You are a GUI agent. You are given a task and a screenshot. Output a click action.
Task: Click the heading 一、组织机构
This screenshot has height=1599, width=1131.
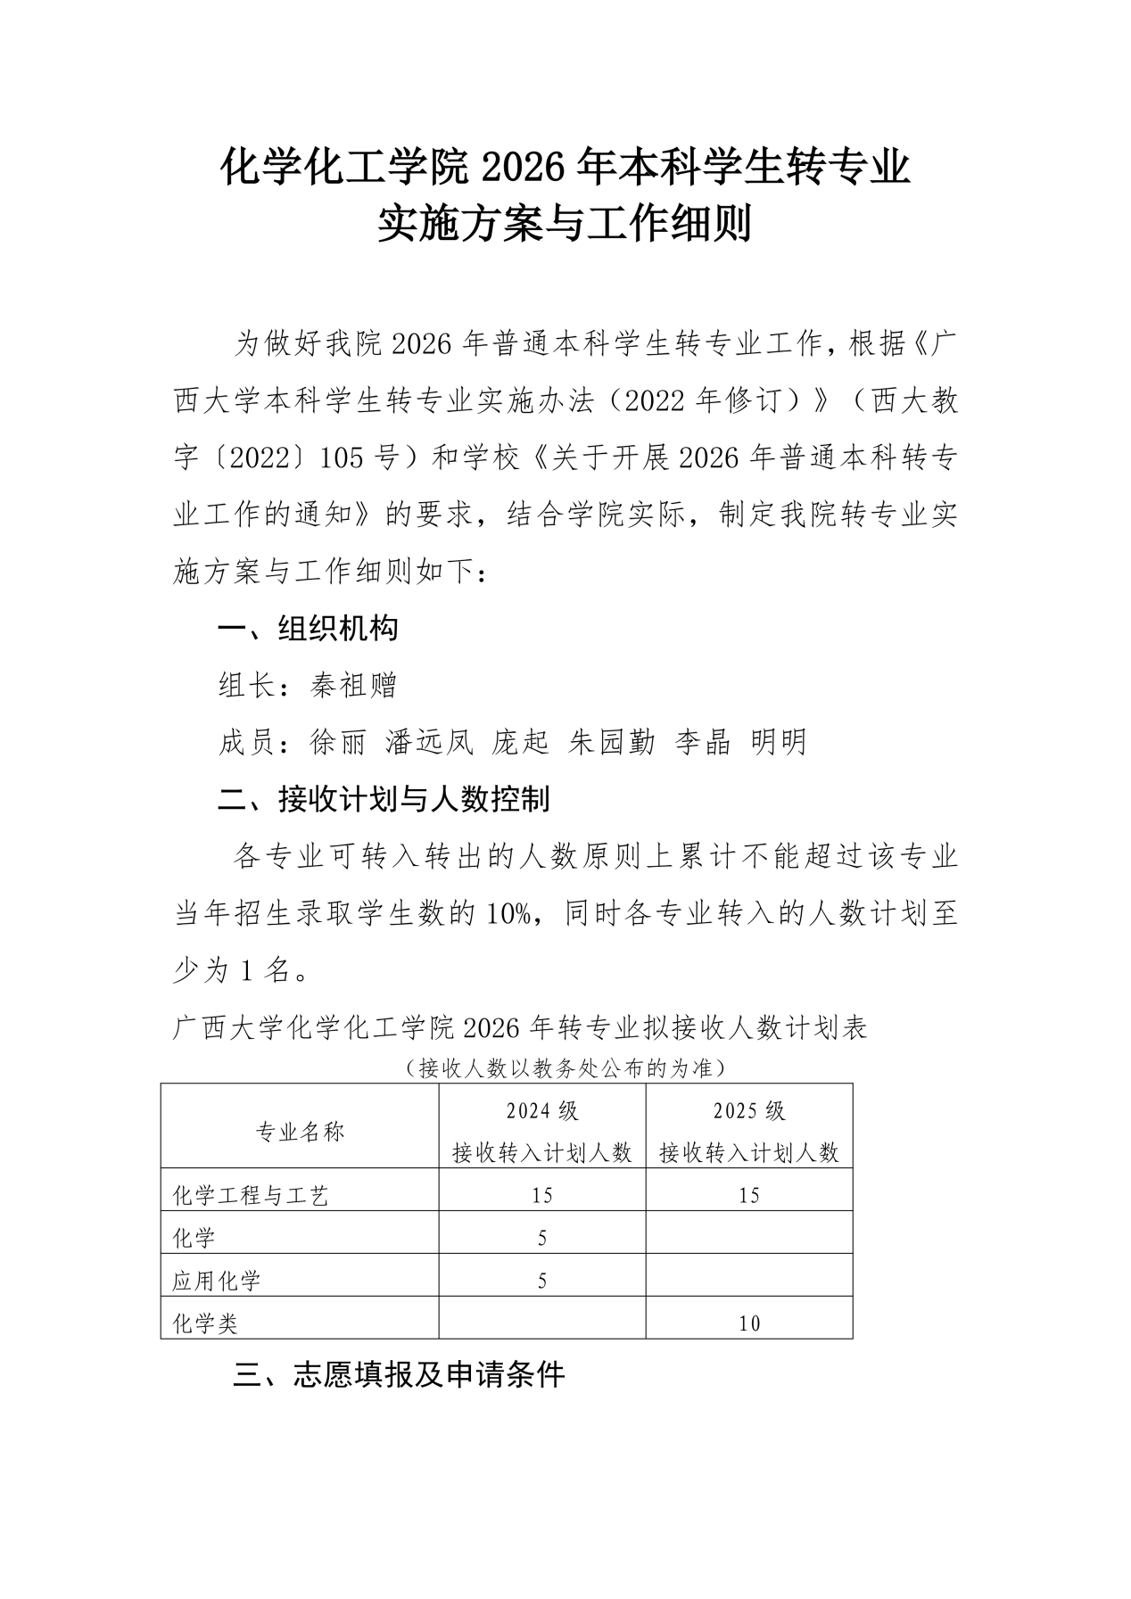(308, 629)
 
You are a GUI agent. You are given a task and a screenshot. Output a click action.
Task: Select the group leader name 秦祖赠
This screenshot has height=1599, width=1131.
(353, 685)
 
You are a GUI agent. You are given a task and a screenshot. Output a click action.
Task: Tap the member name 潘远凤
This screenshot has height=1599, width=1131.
(429, 741)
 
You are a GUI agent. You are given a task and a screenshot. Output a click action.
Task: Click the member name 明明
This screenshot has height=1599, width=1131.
(779, 741)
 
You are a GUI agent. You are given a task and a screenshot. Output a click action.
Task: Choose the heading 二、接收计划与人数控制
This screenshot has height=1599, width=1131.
(384, 798)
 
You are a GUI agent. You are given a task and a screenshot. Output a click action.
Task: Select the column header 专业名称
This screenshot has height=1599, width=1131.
(300, 1132)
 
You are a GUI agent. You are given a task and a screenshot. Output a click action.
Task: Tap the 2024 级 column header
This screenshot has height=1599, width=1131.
(542, 1111)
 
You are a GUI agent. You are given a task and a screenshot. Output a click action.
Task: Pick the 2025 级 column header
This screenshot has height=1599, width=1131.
(749, 1111)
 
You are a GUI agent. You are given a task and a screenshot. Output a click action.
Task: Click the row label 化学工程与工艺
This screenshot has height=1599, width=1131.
(251, 1196)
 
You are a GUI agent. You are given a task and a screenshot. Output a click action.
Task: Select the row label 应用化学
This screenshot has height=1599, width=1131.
(216, 1282)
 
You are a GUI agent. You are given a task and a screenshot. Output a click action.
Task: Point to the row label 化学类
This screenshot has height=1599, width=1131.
(205, 1324)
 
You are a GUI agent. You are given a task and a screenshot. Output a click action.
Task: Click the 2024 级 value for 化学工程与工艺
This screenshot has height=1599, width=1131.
(542, 1196)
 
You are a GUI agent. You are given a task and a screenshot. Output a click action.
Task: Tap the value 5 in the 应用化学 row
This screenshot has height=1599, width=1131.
(542, 1282)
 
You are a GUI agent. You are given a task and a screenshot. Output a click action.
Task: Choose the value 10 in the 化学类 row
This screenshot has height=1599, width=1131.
(749, 1324)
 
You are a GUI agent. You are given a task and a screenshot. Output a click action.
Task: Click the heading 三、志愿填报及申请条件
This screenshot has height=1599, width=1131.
(399, 1375)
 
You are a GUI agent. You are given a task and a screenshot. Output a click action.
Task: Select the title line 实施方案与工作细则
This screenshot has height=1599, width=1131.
(565, 224)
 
